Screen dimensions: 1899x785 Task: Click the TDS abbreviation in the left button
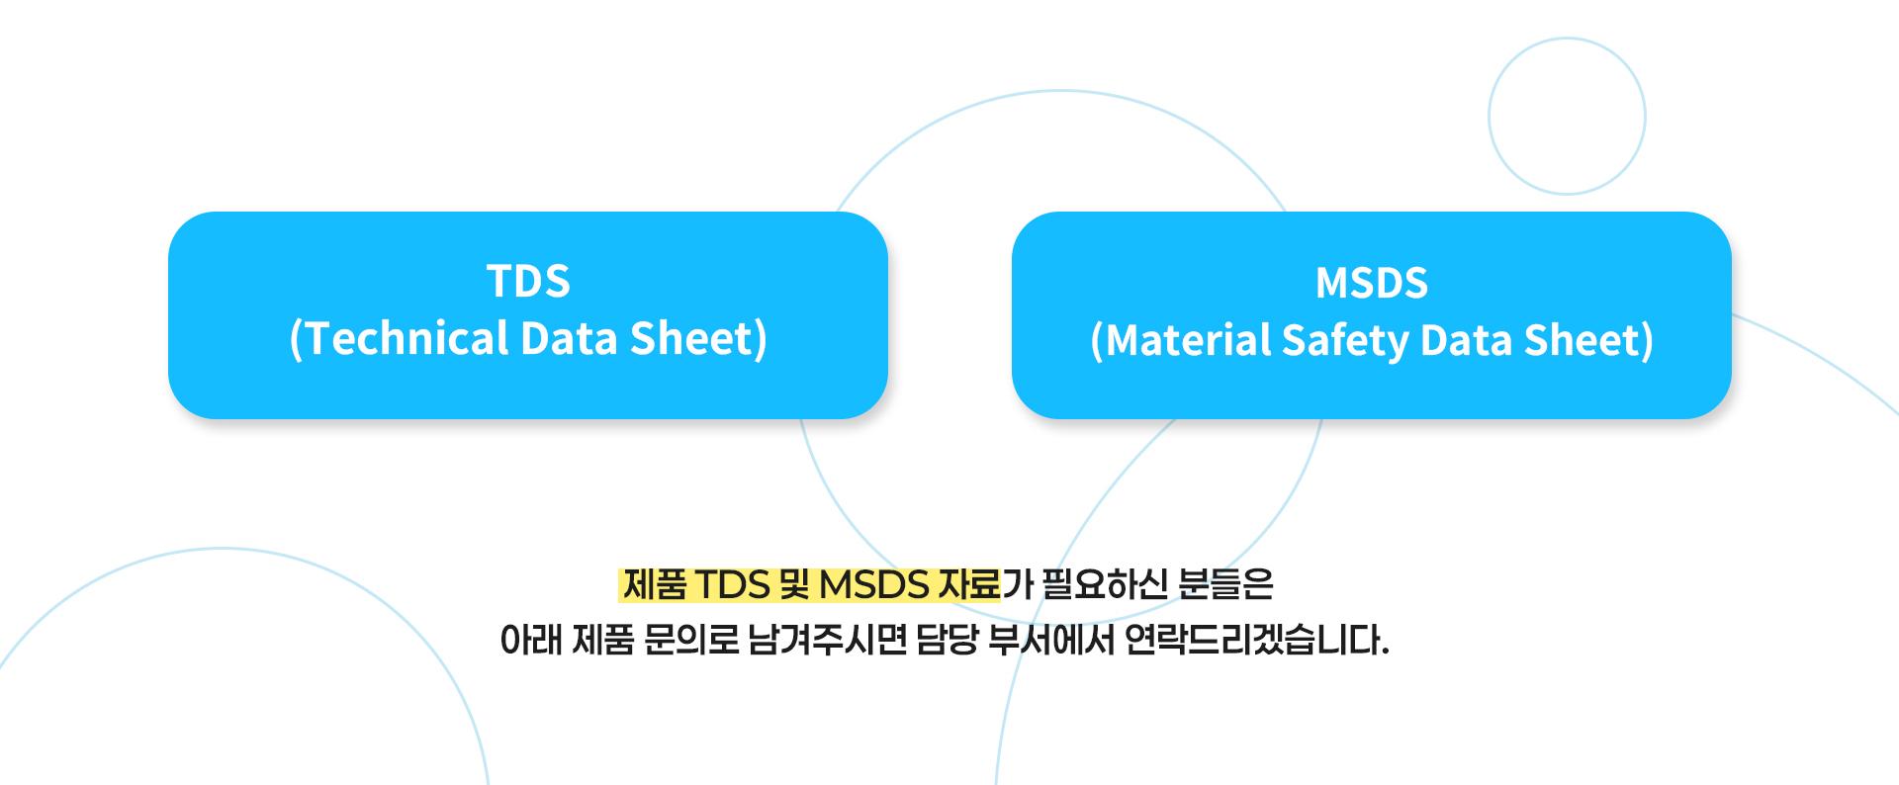[x=528, y=282]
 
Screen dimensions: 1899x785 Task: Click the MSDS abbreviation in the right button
[x=1372, y=284]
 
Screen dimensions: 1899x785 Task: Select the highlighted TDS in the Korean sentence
[x=733, y=585]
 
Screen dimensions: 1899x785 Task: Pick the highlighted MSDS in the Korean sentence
[x=873, y=585]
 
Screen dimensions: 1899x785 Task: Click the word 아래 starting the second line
[x=530, y=642]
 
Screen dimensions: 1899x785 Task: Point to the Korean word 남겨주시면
[x=828, y=642]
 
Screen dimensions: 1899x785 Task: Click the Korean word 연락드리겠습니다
[x=1257, y=642]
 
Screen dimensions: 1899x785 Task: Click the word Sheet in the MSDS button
[x=1586, y=340]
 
